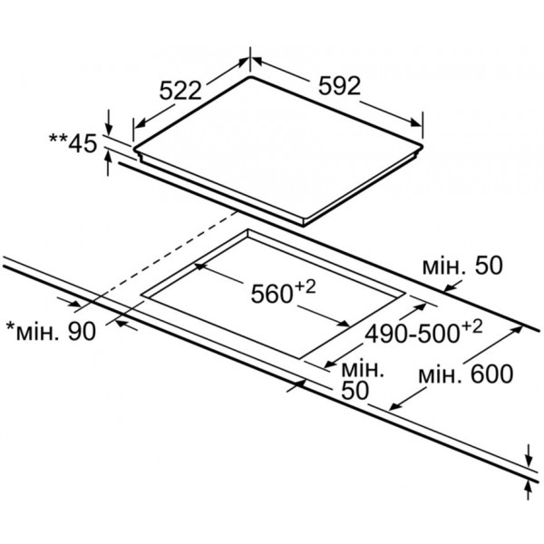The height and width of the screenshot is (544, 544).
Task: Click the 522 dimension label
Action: click(180, 91)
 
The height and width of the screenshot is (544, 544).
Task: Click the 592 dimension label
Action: click(340, 86)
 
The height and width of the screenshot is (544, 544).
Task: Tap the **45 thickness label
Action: click(73, 143)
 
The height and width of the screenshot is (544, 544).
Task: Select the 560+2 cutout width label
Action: click(283, 293)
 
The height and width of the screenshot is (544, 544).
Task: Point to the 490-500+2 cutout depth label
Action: click(423, 332)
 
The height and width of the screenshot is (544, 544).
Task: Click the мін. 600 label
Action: click(466, 374)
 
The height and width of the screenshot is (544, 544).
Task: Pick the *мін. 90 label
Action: click(52, 331)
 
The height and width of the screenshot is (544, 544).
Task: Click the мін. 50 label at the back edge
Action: click(462, 266)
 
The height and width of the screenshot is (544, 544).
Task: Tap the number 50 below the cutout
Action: click(355, 391)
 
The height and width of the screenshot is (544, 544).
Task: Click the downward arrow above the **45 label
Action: click(109, 122)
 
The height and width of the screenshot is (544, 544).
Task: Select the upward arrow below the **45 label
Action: click(109, 164)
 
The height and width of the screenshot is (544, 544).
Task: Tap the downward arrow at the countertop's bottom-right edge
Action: click(529, 455)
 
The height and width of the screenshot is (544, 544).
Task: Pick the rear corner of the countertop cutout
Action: click(248, 229)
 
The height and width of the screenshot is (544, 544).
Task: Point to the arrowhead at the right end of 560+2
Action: click(345, 324)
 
